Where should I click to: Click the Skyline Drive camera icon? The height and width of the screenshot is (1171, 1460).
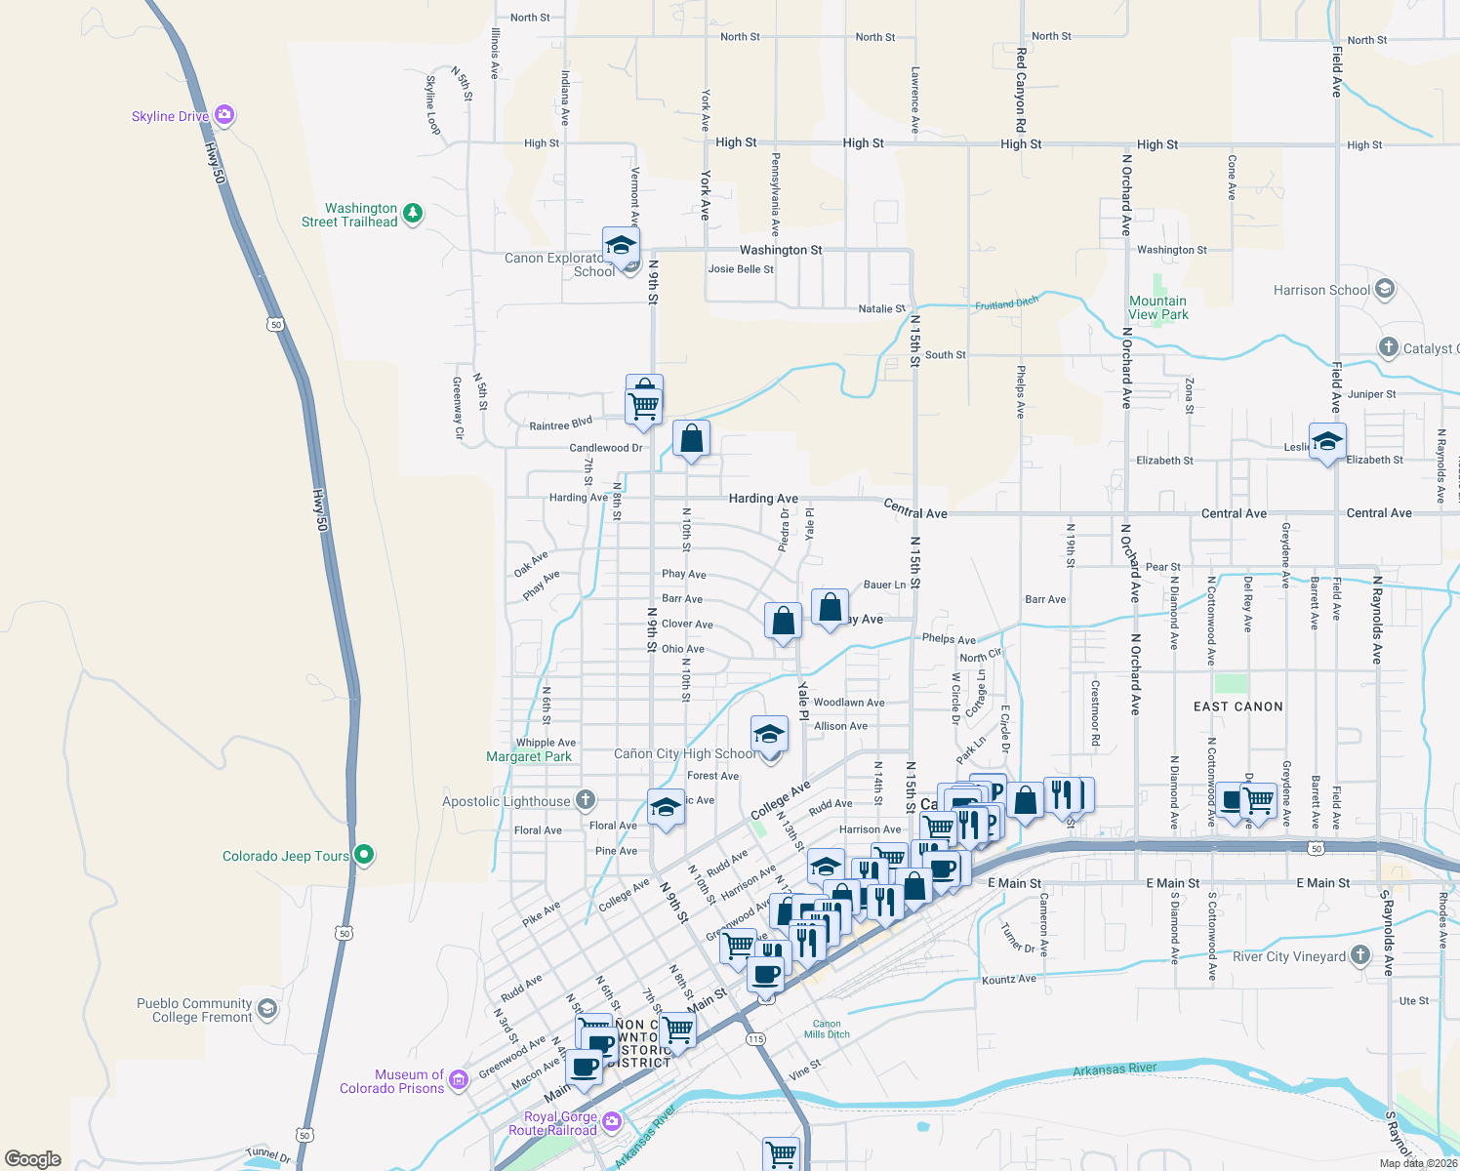pos(224,115)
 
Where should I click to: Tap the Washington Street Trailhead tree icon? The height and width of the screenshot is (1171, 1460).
pos(413,213)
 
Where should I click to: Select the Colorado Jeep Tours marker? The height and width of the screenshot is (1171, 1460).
pos(364,855)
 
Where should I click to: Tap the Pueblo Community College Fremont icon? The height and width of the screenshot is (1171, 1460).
pos(267,1008)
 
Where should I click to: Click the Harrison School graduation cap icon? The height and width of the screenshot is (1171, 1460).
pos(1384,289)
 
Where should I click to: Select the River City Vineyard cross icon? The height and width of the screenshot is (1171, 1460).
pos(1360,955)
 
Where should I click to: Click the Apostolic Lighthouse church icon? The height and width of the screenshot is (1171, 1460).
pos(586,800)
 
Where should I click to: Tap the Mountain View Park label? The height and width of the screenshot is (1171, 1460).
pos(1158,307)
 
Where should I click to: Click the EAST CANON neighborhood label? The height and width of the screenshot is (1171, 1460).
pos(1237,707)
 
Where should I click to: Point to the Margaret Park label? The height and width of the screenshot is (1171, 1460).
pos(529,756)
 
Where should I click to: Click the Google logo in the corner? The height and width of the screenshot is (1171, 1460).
pos(33,1158)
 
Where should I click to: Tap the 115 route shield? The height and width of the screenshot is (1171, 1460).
pos(756,1039)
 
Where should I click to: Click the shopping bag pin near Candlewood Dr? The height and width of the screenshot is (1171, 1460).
pos(691,439)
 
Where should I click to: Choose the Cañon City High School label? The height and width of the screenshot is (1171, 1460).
pos(685,753)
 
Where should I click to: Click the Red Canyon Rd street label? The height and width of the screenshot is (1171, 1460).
pos(1021,90)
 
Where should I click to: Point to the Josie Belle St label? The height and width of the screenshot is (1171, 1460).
pos(741,269)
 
